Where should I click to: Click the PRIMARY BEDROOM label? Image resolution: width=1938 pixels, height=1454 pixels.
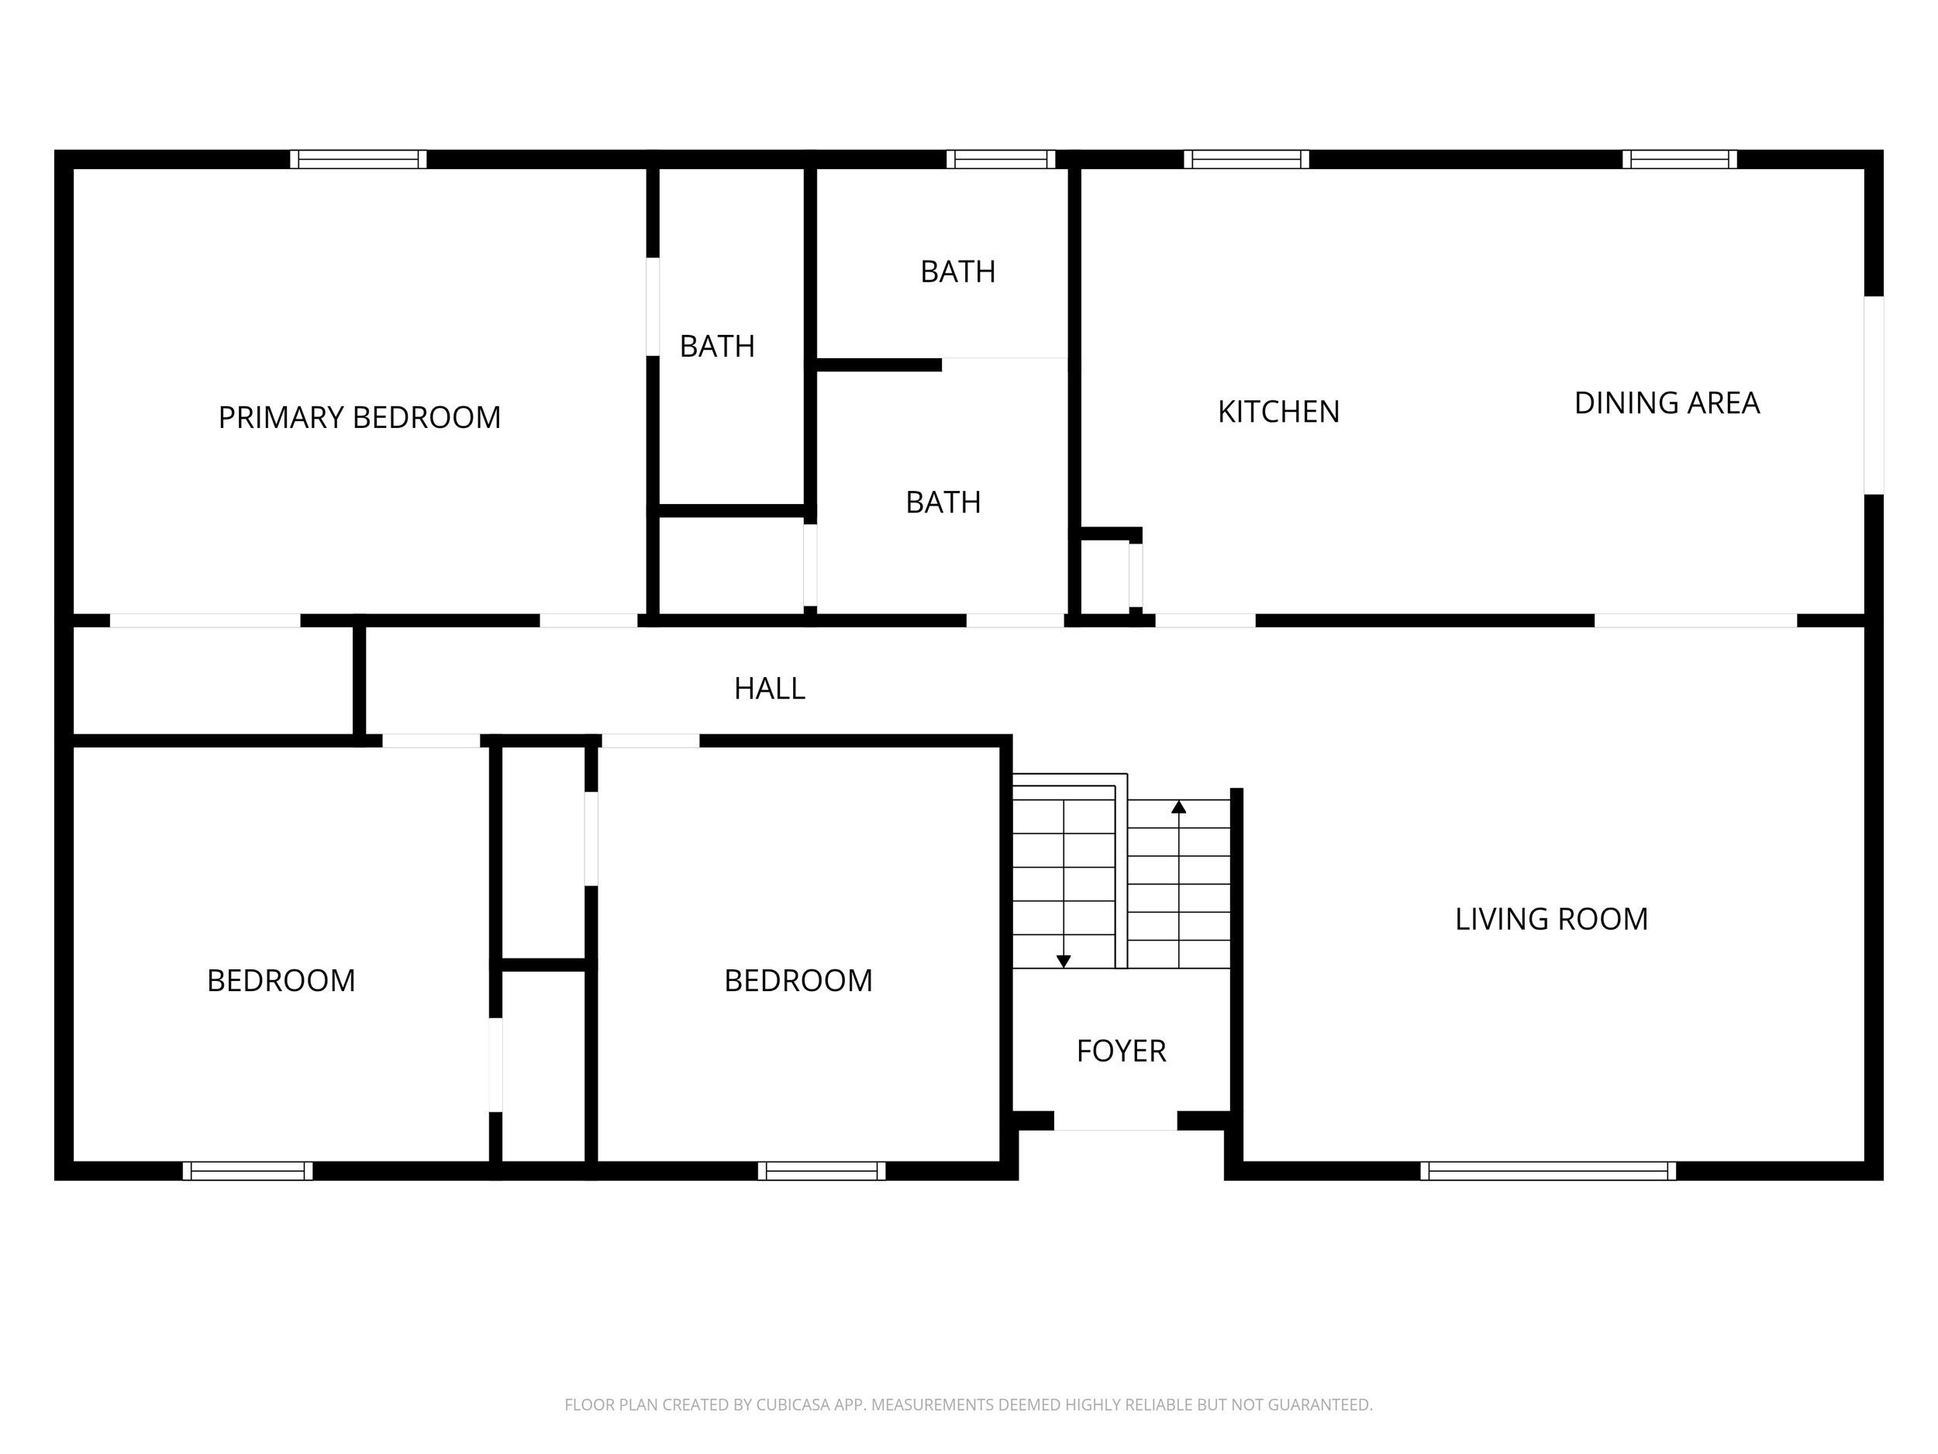(359, 417)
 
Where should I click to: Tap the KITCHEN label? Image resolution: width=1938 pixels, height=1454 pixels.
(1278, 412)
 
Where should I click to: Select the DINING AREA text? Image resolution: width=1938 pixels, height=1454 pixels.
(1667, 403)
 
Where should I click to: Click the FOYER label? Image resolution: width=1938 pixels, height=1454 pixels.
(1121, 1051)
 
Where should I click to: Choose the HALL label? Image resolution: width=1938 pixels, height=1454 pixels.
(769, 689)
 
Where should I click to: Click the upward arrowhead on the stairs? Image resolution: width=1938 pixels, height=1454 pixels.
(1178, 806)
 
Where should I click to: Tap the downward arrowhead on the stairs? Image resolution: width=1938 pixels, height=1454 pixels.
(1063, 962)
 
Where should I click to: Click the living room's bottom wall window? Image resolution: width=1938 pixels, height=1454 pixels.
(1547, 1171)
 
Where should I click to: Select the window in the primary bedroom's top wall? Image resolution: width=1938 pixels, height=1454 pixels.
(358, 160)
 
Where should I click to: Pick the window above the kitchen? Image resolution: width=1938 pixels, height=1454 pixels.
(1246, 160)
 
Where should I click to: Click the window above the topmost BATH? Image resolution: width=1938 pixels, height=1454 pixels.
(1001, 160)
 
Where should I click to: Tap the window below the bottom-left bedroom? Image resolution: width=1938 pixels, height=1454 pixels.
(247, 1171)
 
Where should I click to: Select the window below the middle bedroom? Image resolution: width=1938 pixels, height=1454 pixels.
(821, 1171)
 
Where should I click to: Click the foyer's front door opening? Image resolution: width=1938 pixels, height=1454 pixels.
(1115, 1121)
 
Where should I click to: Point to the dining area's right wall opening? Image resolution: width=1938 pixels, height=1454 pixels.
(1873, 395)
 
